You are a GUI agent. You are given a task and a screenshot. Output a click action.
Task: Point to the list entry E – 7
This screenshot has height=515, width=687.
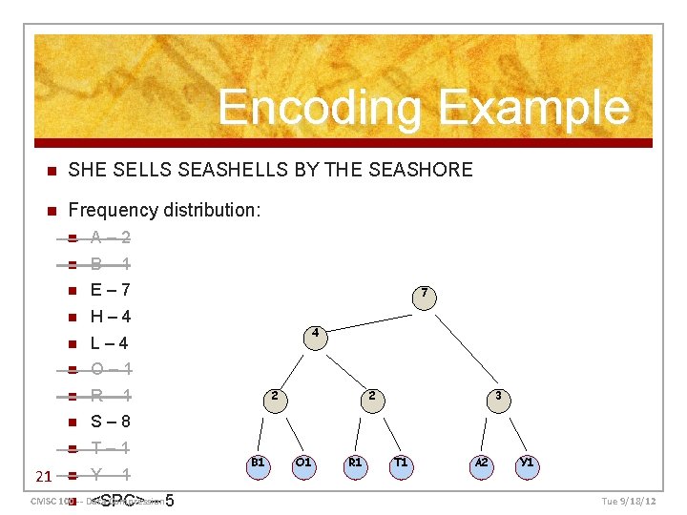pos(110,290)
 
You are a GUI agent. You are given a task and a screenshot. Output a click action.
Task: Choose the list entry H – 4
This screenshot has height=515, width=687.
pos(110,317)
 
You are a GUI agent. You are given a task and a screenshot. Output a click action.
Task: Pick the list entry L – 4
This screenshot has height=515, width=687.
pos(109,343)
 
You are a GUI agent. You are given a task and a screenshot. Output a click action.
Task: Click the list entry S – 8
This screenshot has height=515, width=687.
pos(110,422)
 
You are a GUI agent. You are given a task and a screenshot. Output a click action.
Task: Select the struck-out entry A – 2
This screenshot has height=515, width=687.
pos(110,237)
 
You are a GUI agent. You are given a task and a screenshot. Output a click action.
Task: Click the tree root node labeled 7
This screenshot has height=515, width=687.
pos(425,293)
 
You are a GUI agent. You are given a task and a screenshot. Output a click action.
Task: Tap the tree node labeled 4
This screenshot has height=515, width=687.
pos(314,335)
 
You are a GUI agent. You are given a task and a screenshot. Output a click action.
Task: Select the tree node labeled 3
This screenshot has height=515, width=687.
pos(498,396)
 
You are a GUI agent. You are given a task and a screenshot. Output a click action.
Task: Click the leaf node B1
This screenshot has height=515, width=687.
pos(258,463)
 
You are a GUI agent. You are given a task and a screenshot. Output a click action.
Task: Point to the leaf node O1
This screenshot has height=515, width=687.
pos(303,463)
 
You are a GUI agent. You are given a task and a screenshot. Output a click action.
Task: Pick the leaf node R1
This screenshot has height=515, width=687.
pos(355,463)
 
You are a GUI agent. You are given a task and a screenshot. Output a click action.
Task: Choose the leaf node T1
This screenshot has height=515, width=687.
pos(401,463)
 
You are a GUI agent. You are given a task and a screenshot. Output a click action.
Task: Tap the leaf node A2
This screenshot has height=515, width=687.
pos(482,463)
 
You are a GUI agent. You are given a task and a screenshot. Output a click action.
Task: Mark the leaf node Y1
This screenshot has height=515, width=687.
pos(526,463)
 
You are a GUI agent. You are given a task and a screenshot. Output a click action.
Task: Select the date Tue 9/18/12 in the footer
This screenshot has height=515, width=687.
pos(629,501)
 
